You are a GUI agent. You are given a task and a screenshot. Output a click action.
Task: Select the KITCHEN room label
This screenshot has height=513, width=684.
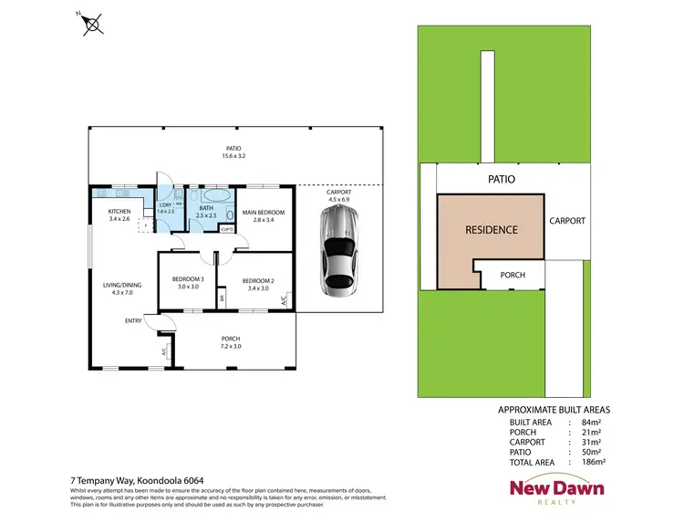click(x=119, y=215)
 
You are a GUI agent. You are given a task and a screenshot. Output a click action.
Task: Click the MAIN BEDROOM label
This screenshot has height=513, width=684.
click(x=264, y=216)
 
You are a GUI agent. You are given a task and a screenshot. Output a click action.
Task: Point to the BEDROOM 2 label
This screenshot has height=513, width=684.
click(x=258, y=284)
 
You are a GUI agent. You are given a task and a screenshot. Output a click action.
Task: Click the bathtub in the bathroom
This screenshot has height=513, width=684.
click(x=216, y=196)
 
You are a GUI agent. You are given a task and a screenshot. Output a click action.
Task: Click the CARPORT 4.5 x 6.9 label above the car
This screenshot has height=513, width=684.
click(x=338, y=196)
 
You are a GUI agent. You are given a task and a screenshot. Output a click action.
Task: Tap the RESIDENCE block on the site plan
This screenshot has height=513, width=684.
click(x=492, y=229)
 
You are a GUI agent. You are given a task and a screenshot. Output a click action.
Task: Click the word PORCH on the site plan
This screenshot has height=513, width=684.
click(x=513, y=274)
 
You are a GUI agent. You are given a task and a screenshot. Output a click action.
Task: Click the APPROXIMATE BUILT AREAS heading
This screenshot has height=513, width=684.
click(x=554, y=410)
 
